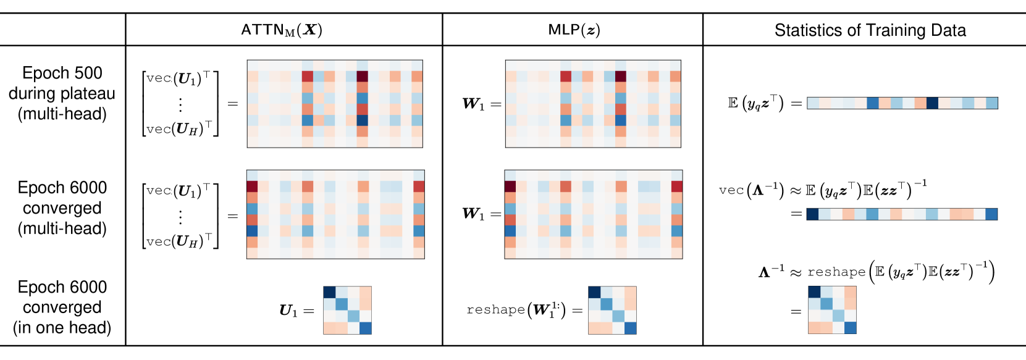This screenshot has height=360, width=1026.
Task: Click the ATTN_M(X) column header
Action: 282,30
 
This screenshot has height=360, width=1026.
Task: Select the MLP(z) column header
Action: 574,30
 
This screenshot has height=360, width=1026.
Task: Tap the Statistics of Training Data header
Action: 870,30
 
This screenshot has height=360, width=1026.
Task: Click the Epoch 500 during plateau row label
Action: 62,93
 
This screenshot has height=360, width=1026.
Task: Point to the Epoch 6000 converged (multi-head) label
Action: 62,208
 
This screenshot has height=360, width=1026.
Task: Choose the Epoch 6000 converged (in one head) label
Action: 62,307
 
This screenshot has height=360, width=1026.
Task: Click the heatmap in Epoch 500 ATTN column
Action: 335,104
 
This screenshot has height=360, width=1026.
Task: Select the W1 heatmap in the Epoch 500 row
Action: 593,104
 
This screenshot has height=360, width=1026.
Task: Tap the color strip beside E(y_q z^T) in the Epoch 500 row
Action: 902,103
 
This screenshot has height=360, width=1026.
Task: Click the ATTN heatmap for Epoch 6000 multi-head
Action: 335,214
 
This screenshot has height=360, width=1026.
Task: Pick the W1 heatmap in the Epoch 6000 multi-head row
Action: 594,214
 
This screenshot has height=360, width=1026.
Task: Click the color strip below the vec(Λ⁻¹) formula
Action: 902,214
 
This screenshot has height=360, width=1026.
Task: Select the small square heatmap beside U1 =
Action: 347,310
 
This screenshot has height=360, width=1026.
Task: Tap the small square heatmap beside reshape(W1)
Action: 612,310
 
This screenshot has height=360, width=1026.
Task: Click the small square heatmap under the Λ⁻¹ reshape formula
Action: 832,310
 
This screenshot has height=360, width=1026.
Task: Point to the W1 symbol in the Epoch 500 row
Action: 474,104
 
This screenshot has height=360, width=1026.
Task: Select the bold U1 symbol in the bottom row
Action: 288,311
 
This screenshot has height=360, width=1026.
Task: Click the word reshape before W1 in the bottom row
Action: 495,310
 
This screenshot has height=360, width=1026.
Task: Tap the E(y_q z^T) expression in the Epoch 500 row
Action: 756,103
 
